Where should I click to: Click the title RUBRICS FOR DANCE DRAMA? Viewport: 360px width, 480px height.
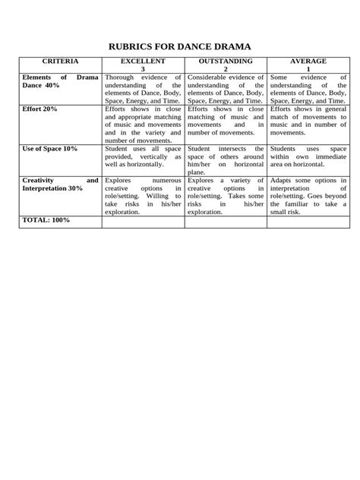pyautogui.click(x=180, y=46)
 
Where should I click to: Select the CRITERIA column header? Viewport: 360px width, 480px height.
pyautogui.click(x=60, y=60)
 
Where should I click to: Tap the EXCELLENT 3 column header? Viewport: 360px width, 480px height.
pyautogui.click(x=143, y=65)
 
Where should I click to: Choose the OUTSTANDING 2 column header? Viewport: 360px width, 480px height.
pyautogui.click(x=226, y=65)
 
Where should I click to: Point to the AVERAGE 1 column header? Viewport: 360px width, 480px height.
pyautogui.click(x=308, y=65)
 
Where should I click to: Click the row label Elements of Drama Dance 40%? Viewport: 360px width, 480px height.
pyautogui.click(x=60, y=81)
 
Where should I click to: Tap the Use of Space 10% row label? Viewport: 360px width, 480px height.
pyautogui.click(x=50, y=149)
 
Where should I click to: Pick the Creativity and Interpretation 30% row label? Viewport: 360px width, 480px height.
pyautogui.click(x=60, y=185)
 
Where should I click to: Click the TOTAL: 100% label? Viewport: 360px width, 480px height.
pyautogui.click(x=46, y=220)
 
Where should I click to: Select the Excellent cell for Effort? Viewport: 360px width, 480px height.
pyautogui.click(x=143, y=125)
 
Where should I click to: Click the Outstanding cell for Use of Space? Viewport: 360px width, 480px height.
pyautogui.click(x=226, y=160)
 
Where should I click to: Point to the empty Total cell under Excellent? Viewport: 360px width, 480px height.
pyautogui.click(x=143, y=222)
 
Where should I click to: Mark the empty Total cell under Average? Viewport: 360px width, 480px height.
pyautogui.click(x=308, y=222)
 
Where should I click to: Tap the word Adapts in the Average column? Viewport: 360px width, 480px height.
pyautogui.click(x=283, y=181)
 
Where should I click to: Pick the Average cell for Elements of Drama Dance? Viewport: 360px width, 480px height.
pyautogui.click(x=308, y=89)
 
